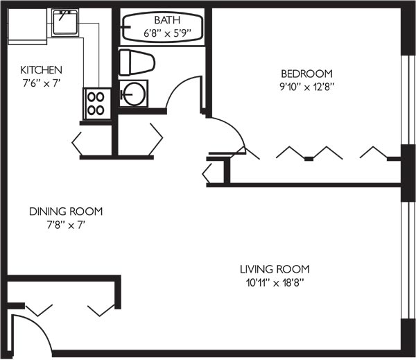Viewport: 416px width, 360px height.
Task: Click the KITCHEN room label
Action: point(41,70)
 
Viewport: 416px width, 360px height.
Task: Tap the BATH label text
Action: point(167,20)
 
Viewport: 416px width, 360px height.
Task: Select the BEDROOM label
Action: point(306,74)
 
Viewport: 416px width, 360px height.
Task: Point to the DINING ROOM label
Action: point(66,212)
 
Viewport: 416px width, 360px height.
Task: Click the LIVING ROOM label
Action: point(275,269)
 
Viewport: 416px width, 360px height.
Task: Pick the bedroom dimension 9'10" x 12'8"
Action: point(306,87)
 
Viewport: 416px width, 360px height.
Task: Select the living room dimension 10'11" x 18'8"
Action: point(275,283)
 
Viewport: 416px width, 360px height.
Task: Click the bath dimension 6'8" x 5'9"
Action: point(167,33)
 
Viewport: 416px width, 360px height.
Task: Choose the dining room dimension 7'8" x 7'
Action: point(66,225)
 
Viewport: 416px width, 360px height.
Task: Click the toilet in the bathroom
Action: point(137,62)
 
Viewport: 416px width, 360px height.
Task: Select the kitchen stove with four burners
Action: point(97,104)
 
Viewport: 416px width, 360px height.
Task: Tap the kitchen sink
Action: point(65,23)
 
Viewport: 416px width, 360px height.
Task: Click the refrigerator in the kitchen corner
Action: point(27,26)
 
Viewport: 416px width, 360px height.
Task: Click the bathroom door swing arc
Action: point(178,85)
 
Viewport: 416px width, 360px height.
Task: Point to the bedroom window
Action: point(408,100)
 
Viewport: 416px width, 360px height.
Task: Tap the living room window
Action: point(408,260)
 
